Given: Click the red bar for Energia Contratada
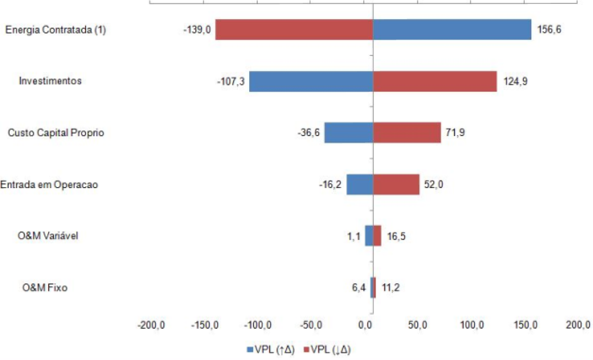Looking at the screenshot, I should click(294, 30).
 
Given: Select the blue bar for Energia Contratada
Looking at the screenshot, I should click(452, 30).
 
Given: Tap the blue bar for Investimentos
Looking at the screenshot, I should click(311, 81).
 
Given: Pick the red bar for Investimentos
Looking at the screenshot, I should click(434, 81).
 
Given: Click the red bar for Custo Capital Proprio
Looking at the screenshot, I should click(406, 133).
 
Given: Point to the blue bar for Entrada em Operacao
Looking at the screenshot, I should click(360, 184).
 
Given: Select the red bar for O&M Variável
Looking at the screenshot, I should click(377, 236).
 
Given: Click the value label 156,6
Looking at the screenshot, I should click(549, 30).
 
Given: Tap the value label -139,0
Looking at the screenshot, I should click(197, 30).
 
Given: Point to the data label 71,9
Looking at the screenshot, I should click(455, 133).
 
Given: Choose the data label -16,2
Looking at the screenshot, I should click(330, 184).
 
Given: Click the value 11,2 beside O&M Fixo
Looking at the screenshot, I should click(390, 287).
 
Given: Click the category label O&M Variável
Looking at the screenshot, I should click(44, 236).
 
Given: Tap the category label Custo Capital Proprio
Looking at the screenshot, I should click(56, 133).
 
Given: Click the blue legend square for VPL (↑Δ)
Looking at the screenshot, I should click(250, 350).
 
